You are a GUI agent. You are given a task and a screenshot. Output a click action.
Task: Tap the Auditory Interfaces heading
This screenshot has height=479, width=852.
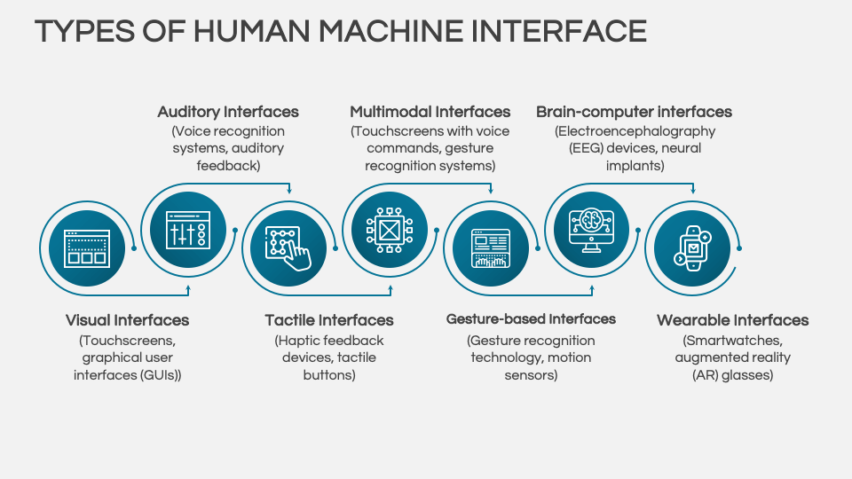click(x=228, y=112)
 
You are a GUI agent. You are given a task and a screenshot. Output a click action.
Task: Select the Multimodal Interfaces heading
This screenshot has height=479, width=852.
click(x=430, y=112)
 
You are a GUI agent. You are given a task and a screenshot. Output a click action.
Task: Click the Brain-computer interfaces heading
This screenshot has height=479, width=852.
click(x=634, y=112)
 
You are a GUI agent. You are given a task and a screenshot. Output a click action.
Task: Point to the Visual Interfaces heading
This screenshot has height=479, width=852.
click(x=127, y=320)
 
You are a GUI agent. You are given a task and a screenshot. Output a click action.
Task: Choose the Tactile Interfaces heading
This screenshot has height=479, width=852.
click(x=329, y=320)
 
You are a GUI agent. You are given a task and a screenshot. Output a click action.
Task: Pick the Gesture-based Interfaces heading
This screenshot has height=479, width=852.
click(x=531, y=319)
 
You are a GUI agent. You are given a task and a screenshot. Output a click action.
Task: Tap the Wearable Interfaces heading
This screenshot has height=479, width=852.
click(x=733, y=320)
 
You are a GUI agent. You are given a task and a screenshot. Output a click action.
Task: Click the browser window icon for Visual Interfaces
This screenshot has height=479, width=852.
click(x=87, y=248)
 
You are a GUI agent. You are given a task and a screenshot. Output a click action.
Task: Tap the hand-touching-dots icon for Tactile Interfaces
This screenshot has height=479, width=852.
click(x=289, y=248)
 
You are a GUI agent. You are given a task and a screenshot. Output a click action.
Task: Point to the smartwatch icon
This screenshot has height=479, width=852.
click(x=692, y=248)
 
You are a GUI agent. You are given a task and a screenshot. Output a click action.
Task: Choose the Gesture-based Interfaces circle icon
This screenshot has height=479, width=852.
click(x=491, y=248)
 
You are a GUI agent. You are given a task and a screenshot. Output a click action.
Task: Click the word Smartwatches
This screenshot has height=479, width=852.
click(x=733, y=341)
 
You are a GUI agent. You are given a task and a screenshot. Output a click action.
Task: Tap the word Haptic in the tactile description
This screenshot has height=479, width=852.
click(x=299, y=341)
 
